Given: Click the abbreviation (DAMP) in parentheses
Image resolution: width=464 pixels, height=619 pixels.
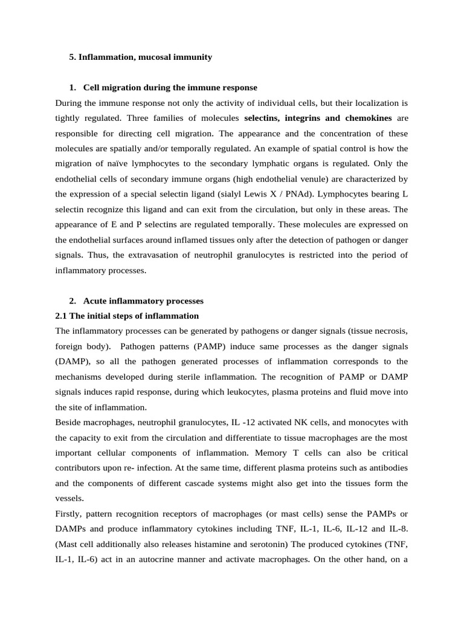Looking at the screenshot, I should [x=72, y=361].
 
